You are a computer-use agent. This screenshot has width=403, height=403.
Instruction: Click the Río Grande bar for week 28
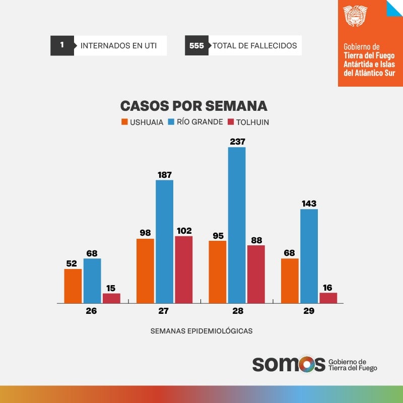pyautogui.click(x=237, y=225)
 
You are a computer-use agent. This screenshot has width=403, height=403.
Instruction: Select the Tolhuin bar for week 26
pyautogui.click(x=111, y=298)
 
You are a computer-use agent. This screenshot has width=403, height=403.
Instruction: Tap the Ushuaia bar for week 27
pyautogui.click(x=145, y=271)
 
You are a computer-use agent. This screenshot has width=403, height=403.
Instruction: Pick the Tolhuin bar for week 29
pyautogui.click(x=328, y=298)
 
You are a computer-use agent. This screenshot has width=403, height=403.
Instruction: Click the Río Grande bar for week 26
pyautogui.click(x=92, y=281)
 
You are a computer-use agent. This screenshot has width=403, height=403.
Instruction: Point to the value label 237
pyautogui.click(x=237, y=142)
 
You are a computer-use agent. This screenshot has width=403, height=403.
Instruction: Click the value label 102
pyautogui.click(x=183, y=231)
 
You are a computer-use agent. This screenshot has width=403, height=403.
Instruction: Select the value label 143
pyautogui.click(x=309, y=204)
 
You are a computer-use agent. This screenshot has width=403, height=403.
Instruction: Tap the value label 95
pyautogui.click(x=218, y=235)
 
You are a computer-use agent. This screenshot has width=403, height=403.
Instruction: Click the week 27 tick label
pyautogui.click(x=163, y=311)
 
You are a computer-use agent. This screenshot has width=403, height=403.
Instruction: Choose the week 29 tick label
pyautogui.click(x=309, y=311)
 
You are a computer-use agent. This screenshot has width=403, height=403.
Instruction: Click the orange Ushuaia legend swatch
pyautogui.click(x=124, y=122)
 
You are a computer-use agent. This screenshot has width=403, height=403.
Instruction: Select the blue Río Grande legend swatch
pyautogui.click(x=171, y=122)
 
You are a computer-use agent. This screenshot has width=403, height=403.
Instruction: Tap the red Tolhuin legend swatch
pyautogui.click(x=231, y=122)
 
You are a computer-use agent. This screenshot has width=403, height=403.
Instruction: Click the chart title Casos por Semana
pyautogui.click(x=193, y=106)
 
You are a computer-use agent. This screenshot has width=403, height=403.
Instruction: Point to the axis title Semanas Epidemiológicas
pyautogui.click(x=201, y=331)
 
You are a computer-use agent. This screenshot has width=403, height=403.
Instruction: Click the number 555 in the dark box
pyautogui.click(x=196, y=45)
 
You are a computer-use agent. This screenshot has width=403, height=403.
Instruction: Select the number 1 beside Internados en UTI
pyautogui.click(x=62, y=45)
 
